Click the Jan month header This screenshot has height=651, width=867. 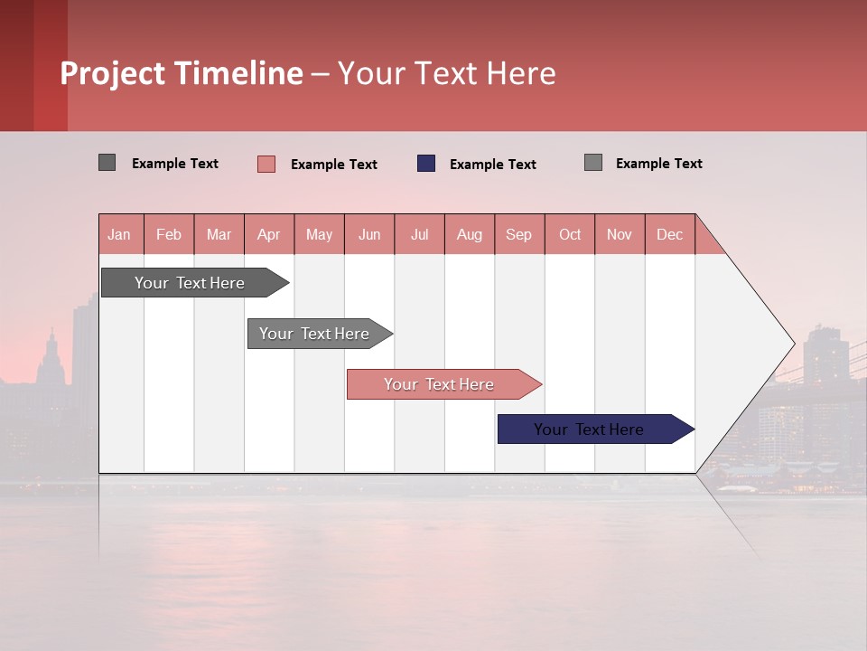(x=119, y=234)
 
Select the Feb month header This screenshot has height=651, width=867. (x=169, y=234)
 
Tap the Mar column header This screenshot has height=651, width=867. (x=219, y=234)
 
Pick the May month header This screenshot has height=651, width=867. (x=319, y=234)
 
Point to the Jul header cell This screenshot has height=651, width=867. (x=419, y=234)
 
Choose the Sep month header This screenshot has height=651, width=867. (x=518, y=234)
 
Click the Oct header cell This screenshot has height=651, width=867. (x=570, y=234)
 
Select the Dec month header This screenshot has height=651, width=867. (x=669, y=234)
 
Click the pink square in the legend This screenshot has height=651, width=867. (x=266, y=164)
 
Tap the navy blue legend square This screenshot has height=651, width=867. (x=426, y=164)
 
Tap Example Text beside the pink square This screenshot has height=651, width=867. (x=334, y=165)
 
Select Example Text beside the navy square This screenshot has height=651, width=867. (x=493, y=165)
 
